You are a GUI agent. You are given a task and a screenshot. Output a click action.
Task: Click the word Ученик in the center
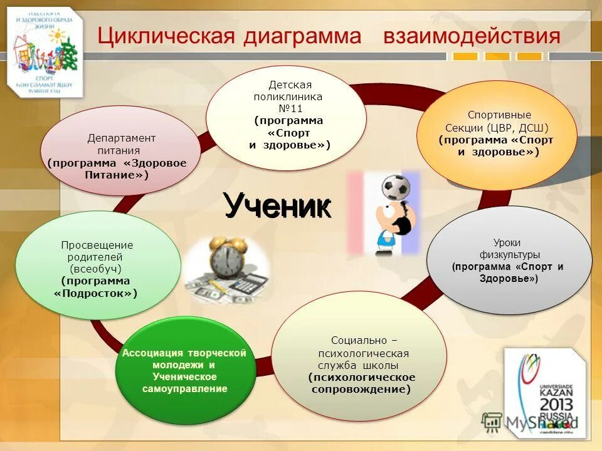pyautogui.click(x=277, y=205)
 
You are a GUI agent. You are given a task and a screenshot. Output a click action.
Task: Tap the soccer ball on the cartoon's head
pyautogui.click(x=396, y=186)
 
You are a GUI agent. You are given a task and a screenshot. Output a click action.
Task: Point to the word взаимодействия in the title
pyautogui.click(x=472, y=36)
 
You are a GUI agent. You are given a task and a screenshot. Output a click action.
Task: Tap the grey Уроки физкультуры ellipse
pyautogui.click(x=509, y=260)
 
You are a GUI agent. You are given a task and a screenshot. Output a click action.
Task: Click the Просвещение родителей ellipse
pyautogui.click(x=97, y=266)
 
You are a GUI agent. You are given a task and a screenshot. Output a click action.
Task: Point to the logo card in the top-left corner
pyautogui.click(x=45, y=50)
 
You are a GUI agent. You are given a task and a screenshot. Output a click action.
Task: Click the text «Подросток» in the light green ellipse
pyautogui.click(x=95, y=293)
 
